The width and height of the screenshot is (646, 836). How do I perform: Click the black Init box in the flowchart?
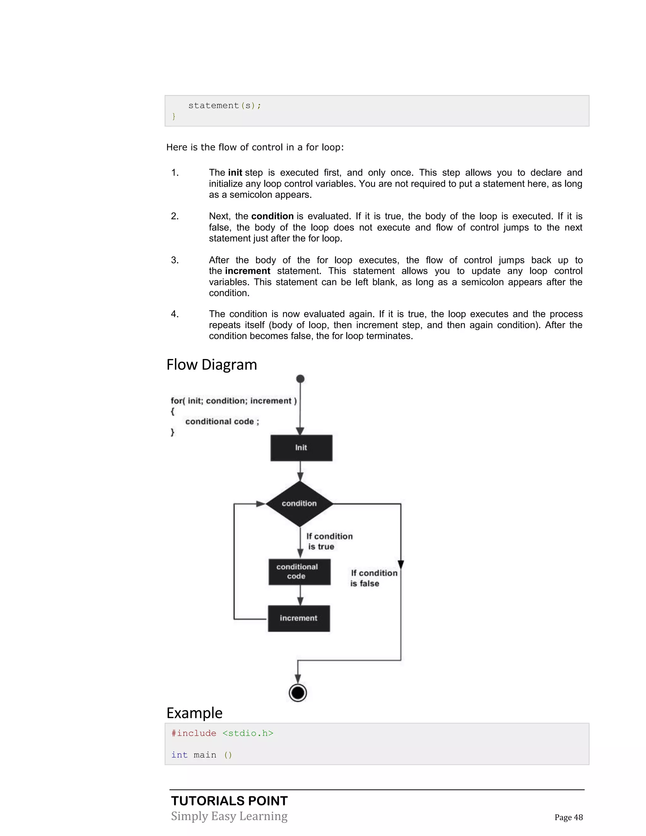[301, 447]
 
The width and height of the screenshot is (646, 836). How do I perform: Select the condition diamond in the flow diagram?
[299, 503]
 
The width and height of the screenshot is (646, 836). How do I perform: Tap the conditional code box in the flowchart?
[299, 572]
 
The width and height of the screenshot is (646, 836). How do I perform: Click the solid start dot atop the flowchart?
[300, 379]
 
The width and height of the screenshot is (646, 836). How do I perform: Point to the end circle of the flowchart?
[298, 693]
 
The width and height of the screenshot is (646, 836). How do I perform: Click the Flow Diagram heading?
[212, 364]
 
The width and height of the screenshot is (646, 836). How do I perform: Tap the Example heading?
[194, 713]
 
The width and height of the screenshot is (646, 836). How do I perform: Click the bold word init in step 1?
[235, 173]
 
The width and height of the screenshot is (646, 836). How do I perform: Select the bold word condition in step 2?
[272, 216]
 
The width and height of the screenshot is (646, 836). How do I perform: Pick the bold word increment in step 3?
[248, 271]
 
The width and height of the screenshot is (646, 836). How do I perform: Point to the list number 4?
[175, 314]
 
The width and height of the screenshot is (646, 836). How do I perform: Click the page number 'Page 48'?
[568, 817]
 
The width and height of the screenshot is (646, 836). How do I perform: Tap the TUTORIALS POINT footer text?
[229, 801]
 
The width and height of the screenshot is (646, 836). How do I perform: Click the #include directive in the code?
[194, 733]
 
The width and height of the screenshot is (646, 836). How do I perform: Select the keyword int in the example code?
[179, 755]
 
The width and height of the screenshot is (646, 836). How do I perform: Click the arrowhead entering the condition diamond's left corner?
[261, 504]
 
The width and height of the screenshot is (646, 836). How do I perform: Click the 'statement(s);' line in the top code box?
[225, 106]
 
